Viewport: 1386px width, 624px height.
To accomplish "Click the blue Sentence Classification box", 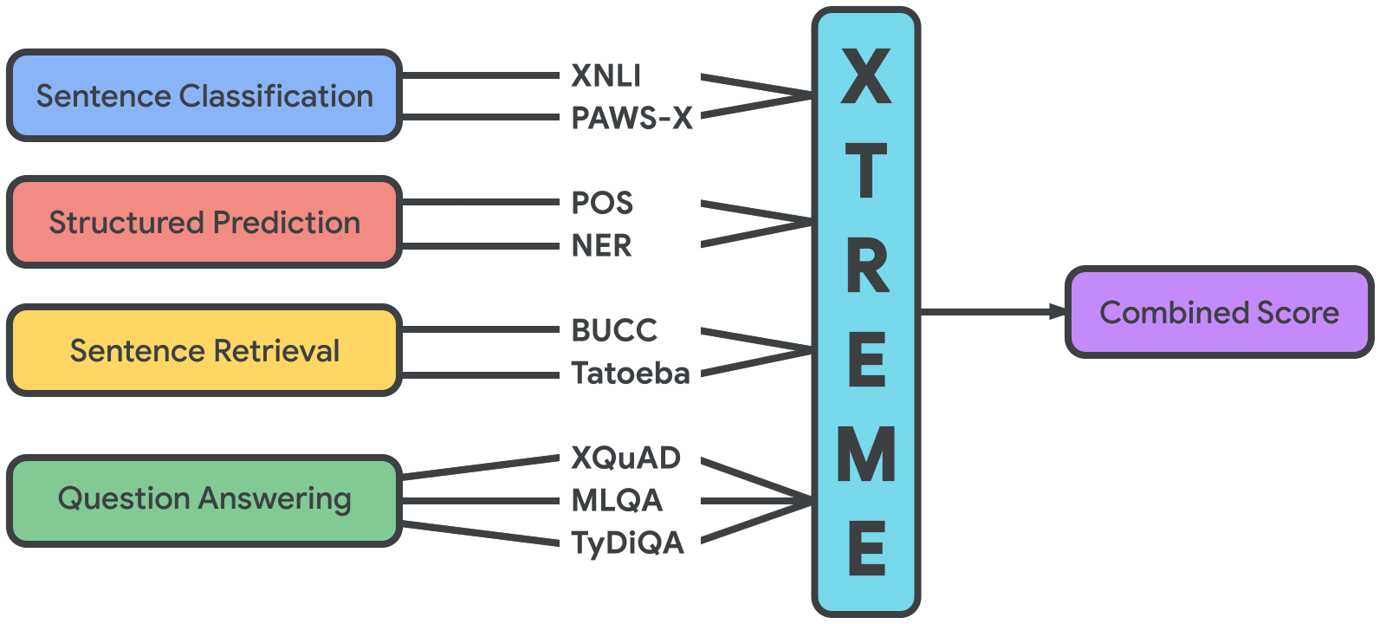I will click(x=204, y=95).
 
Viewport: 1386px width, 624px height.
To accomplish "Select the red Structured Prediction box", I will click(x=204, y=223).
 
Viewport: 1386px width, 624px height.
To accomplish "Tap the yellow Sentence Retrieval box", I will click(x=204, y=350).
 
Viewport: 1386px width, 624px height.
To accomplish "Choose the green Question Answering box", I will click(x=204, y=500).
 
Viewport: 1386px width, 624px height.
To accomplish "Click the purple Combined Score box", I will click(x=1219, y=312).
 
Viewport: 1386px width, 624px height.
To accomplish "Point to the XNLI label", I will click(x=606, y=76).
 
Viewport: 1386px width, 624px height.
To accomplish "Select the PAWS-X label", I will click(x=632, y=118).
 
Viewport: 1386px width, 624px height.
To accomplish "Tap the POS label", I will click(x=602, y=203).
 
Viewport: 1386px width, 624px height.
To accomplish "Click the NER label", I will click(x=601, y=246).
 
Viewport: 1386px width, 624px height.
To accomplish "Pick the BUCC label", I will click(x=614, y=330).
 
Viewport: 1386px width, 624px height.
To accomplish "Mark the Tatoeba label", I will click(x=631, y=374).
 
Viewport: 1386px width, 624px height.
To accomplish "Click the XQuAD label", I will click(x=625, y=458).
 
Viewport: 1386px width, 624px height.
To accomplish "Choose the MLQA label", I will click(x=617, y=500).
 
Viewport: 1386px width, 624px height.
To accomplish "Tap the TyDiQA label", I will click(x=627, y=543).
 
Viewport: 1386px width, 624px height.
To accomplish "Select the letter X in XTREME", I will click(x=865, y=76).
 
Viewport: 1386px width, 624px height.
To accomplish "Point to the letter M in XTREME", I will click(x=865, y=455).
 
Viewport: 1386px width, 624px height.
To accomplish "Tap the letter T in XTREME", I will click(x=865, y=171).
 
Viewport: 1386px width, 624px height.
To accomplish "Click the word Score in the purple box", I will click(x=1298, y=312).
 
